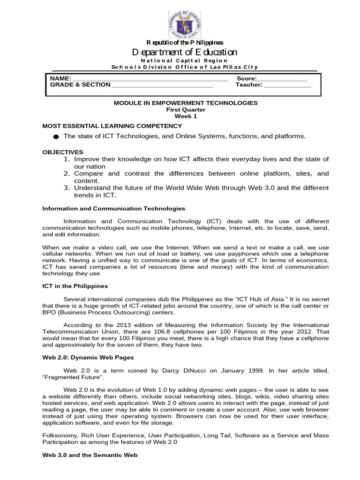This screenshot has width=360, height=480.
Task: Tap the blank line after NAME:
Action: (x=150, y=79)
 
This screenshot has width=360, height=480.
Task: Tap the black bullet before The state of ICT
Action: (x=56, y=137)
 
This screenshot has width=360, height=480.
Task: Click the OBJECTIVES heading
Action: (x=63, y=152)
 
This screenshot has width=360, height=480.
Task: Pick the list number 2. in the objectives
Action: (x=67, y=173)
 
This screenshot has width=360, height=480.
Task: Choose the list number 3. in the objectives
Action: (x=67, y=187)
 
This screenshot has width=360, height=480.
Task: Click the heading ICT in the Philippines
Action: (x=75, y=286)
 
